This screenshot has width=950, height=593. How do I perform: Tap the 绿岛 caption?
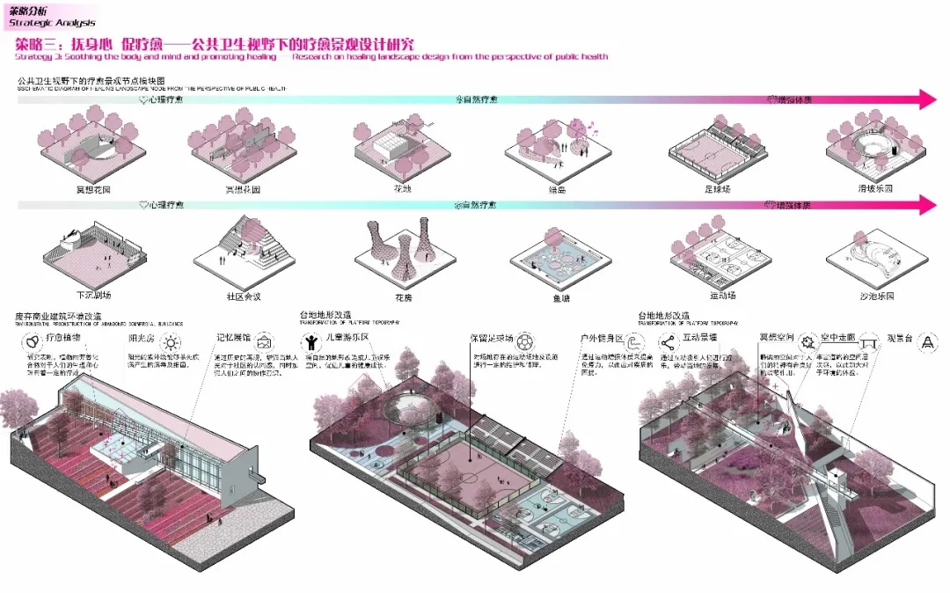pos(557,188)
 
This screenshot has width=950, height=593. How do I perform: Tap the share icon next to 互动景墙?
pos(667,340)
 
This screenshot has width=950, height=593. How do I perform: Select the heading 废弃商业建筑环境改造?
pos(58,315)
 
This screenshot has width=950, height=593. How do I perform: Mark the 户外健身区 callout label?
pos(602,339)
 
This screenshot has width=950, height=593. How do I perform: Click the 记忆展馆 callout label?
pos(233,339)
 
